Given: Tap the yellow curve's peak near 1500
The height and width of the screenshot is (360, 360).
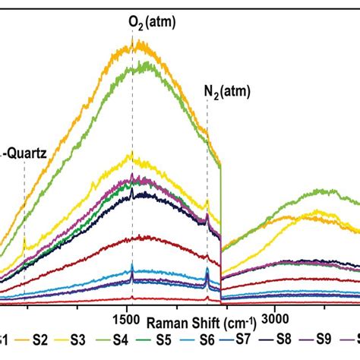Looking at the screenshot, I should [132, 155].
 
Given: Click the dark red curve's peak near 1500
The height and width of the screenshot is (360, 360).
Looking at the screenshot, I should [133, 238].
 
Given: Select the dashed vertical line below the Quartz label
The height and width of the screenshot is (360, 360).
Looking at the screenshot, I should [24, 228].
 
